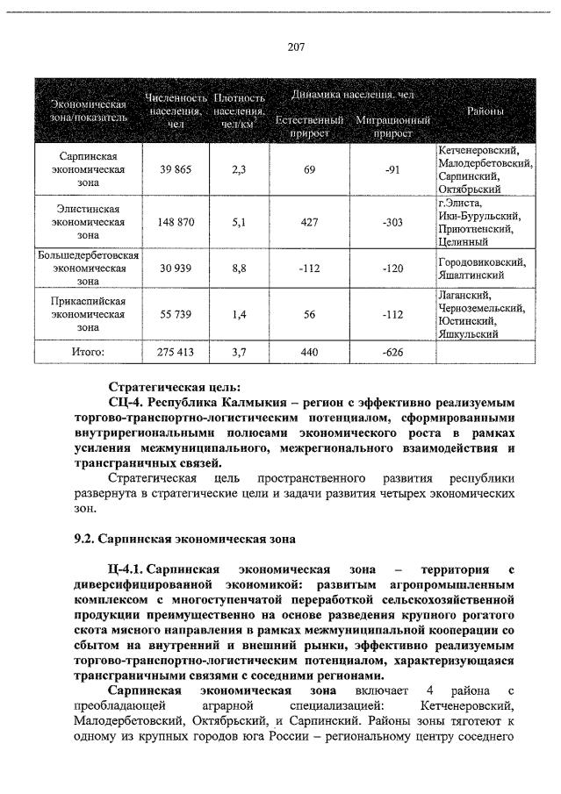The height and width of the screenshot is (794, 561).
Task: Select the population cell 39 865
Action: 176,169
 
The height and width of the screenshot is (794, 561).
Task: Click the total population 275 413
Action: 176,352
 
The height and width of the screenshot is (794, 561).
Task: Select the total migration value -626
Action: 392,352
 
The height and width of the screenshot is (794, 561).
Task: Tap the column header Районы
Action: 485,111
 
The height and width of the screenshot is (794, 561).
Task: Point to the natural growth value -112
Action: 309,268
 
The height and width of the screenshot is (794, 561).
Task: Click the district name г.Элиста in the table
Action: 459,203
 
